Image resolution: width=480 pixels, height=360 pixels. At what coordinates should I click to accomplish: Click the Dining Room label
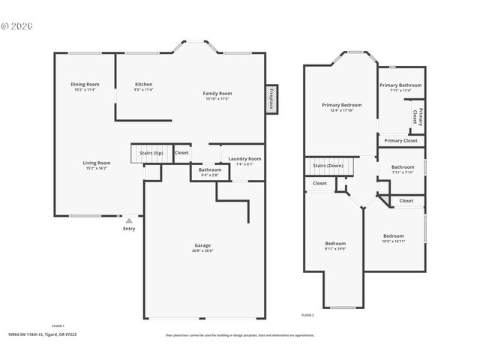[85, 84]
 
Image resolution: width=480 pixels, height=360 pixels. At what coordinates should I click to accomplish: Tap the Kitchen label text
[143, 84]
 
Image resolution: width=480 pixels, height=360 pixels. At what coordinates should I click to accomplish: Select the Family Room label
[217, 94]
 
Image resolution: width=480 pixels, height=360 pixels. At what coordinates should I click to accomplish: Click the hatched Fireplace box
[272, 99]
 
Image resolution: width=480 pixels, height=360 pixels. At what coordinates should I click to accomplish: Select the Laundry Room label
[244, 158]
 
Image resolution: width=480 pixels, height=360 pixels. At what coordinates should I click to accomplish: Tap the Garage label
[202, 245]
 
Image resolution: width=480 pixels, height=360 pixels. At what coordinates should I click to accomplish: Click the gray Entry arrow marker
[129, 220]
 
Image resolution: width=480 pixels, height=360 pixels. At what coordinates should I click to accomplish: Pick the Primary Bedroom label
[341, 105]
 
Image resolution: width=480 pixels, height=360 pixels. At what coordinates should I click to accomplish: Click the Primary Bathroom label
[400, 85]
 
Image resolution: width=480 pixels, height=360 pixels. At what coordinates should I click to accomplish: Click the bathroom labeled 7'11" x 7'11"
[403, 172]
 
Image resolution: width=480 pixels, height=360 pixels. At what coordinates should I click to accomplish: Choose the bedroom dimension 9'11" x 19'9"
[335, 249]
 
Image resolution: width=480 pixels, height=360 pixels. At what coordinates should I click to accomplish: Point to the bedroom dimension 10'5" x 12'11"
[393, 241]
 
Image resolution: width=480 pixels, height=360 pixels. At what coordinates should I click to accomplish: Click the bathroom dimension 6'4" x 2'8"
[209, 175]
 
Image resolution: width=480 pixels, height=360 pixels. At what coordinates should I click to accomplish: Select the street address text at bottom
[42, 334]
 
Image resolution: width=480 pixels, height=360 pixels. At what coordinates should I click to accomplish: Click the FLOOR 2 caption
[307, 315]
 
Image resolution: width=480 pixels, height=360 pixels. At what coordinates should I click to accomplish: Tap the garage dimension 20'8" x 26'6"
[202, 251]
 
